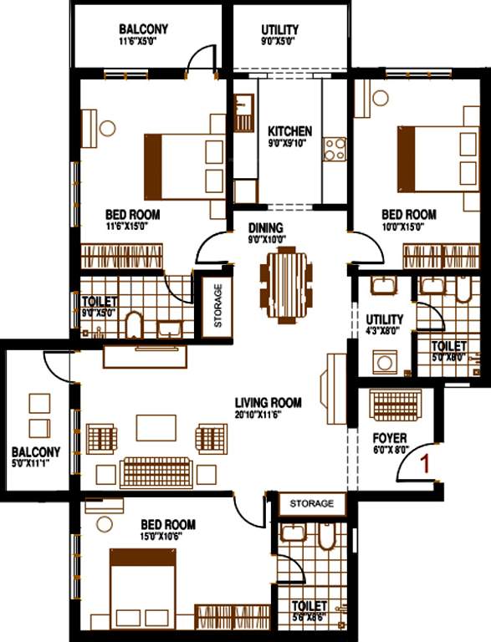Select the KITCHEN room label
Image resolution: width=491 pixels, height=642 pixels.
(x=289, y=131)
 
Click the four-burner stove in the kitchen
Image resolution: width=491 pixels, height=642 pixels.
(x=335, y=149)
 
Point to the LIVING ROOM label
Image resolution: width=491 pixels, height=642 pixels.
(x=268, y=402)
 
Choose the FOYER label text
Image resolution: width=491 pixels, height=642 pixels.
(x=389, y=437)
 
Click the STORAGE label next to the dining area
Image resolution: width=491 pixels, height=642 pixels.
(x=217, y=306)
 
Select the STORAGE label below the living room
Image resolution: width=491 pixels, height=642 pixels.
(x=312, y=503)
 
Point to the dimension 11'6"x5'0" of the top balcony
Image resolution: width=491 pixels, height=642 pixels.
(x=143, y=40)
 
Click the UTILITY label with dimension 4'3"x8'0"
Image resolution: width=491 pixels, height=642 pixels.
(x=384, y=319)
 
